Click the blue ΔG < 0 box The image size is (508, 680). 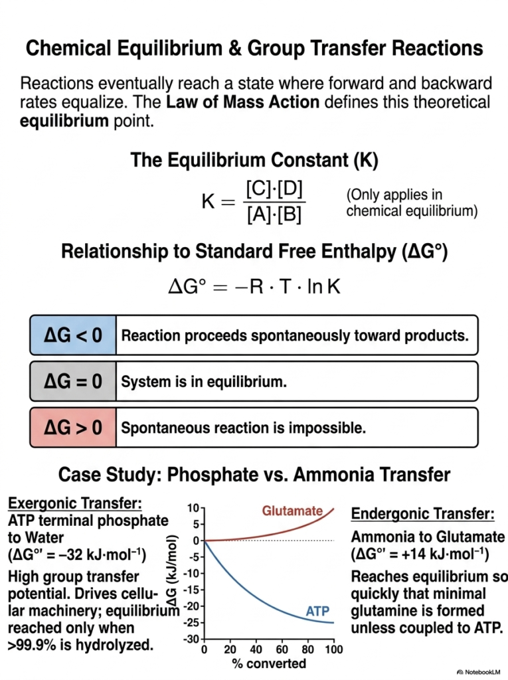click(73, 335)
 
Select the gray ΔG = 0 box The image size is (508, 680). click(73, 381)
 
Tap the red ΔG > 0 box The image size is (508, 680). click(73, 427)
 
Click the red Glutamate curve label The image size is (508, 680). click(292, 511)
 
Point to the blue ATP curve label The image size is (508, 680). click(317, 611)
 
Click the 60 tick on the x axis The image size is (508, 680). click(282, 649)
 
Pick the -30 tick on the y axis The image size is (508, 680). click(193, 639)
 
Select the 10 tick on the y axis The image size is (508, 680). click(193, 508)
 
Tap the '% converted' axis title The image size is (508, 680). click(269, 663)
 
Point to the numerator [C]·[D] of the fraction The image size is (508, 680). click(274, 189)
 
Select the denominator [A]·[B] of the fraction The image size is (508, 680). click(274, 214)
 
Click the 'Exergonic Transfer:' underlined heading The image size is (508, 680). click(75, 503)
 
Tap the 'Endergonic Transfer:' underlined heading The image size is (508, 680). click(422, 513)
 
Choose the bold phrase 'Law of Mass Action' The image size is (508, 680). click(243, 102)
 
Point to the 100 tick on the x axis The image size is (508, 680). click(333, 649)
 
